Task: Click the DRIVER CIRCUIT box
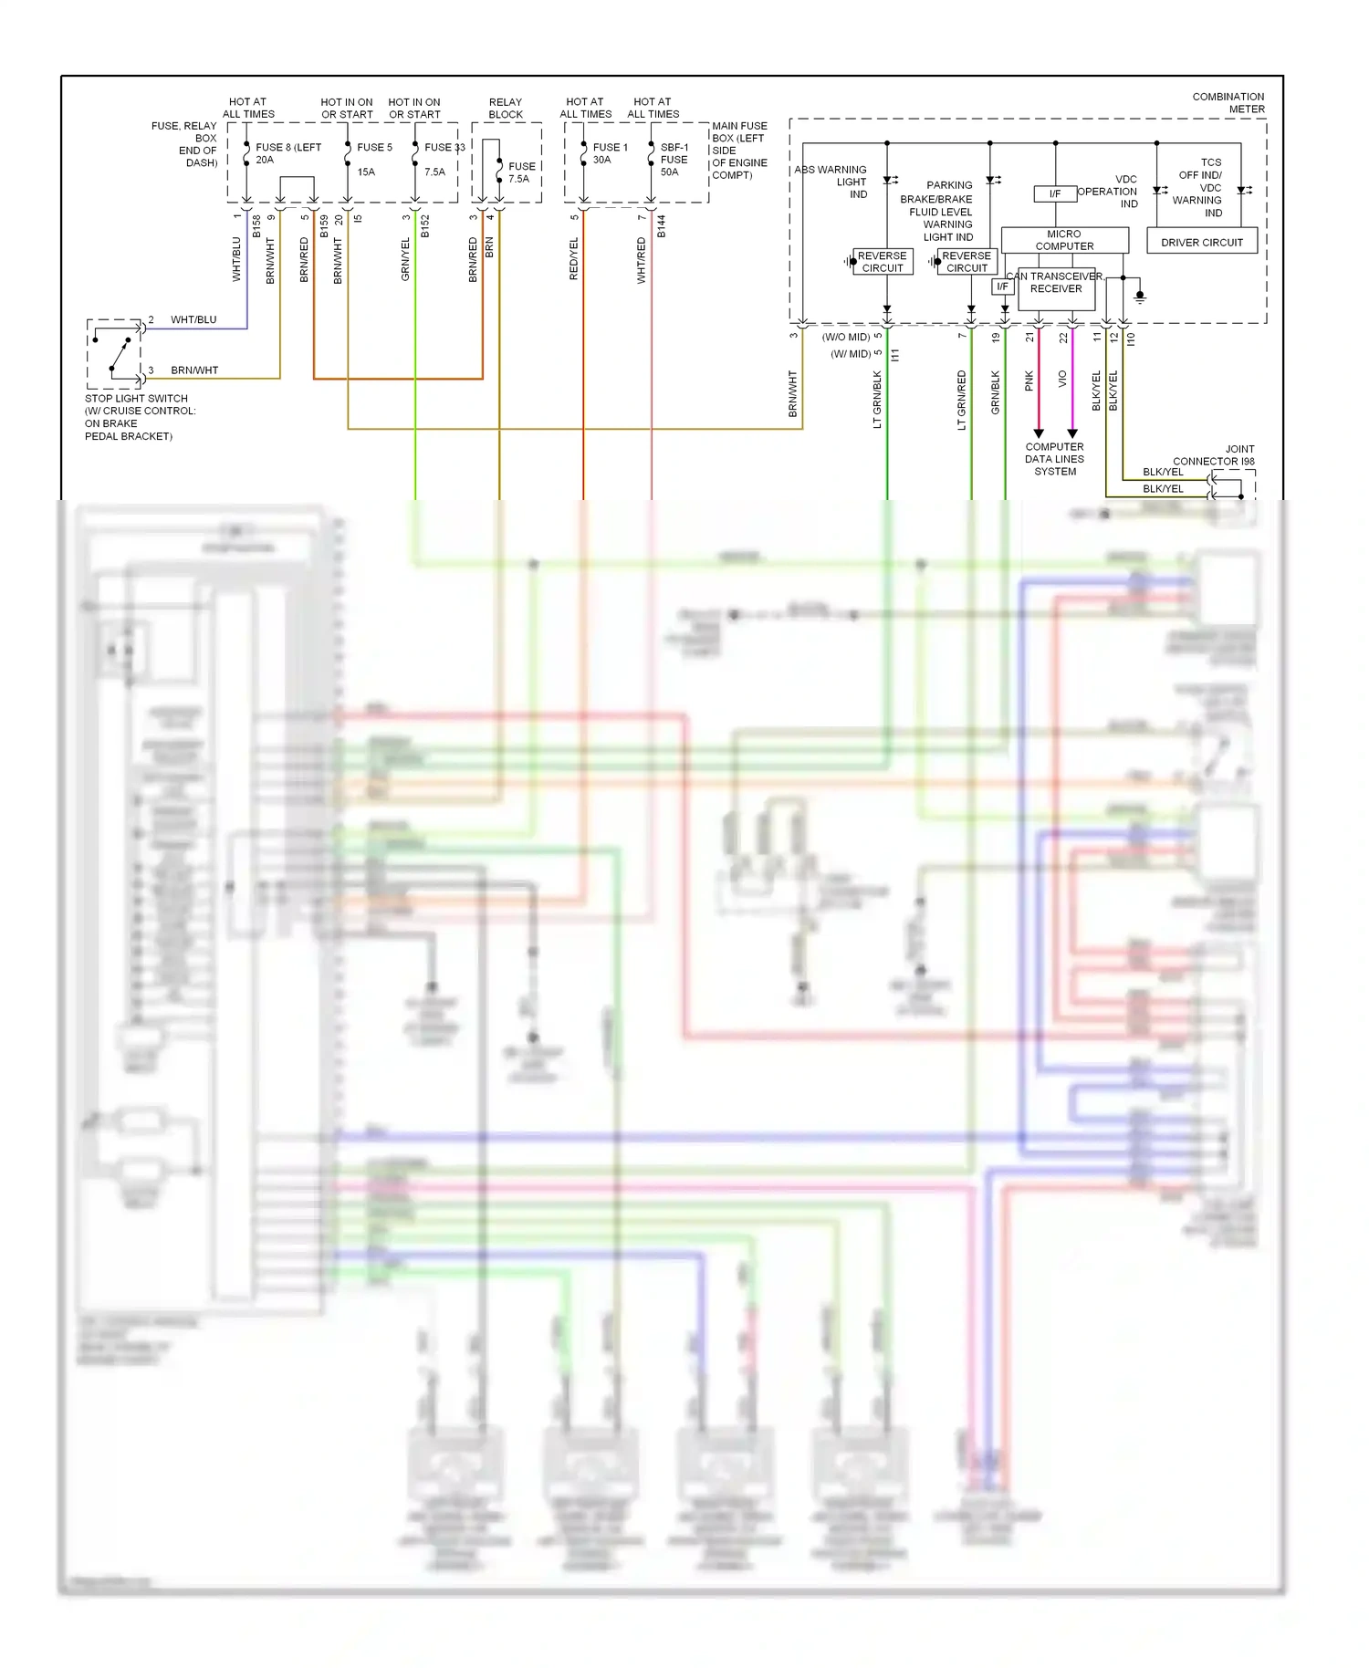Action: click(1201, 242)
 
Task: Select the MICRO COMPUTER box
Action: click(1064, 240)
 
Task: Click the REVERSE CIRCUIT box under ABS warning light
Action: click(883, 262)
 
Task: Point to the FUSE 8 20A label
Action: click(287, 152)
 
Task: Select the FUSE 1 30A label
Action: click(609, 152)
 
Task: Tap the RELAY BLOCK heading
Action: click(506, 109)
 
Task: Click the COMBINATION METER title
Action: click(1228, 102)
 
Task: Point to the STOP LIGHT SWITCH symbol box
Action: click(114, 354)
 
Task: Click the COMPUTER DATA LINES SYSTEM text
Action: click(1054, 459)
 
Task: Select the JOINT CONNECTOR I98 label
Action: click(1214, 455)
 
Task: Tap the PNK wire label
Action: click(1029, 381)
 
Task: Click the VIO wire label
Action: click(1062, 379)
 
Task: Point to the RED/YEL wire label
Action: click(574, 258)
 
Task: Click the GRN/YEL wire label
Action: click(405, 258)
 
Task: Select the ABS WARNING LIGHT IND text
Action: click(833, 182)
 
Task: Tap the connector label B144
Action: click(661, 226)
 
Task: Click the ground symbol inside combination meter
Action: click(1140, 297)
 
